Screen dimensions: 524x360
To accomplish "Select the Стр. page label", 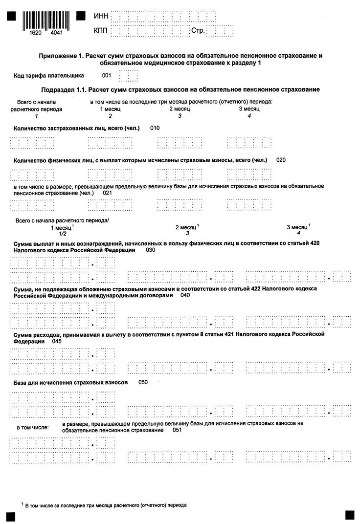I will [x=198, y=31].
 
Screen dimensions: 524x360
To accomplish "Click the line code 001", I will [x=107, y=76].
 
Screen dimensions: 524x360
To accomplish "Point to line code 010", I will [x=155, y=128].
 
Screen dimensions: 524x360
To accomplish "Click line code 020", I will [x=281, y=160].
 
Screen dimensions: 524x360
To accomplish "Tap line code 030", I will [x=150, y=250].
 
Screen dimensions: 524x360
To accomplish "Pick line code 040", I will [x=185, y=295].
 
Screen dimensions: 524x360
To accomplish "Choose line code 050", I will [x=143, y=382].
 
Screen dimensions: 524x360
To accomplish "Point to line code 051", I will [x=177, y=430].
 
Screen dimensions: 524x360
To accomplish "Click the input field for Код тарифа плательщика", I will [x=128, y=76].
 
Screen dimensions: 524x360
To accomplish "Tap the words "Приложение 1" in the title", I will [x=61, y=56].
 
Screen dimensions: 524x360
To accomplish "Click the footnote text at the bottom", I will [x=106, y=505].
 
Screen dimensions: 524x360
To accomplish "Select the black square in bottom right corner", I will [x=349, y=515].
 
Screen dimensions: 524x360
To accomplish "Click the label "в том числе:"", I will [x=33, y=427].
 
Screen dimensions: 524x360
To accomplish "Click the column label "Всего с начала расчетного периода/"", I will [x=62, y=221].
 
